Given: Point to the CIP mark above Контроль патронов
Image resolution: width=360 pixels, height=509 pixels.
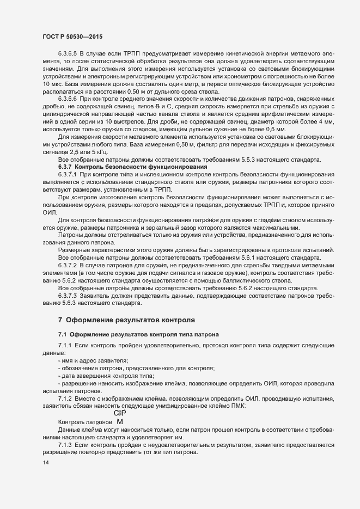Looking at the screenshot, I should coord(120,413).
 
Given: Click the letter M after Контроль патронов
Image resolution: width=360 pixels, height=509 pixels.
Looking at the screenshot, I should coord(120,422).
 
